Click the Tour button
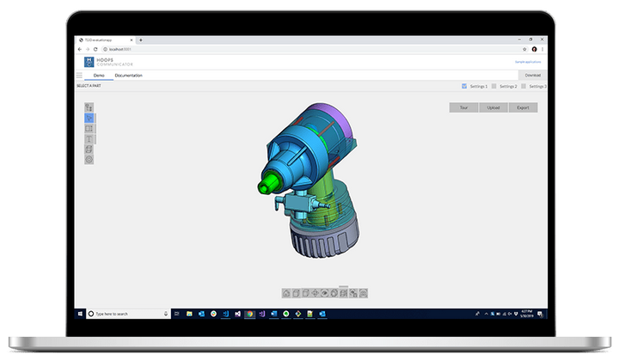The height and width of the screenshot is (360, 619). point(463,107)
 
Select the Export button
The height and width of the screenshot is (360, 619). point(522,107)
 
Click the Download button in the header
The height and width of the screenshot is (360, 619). point(533,76)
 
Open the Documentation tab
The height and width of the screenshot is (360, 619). point(128,76)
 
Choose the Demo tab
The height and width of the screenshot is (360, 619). point(99,76)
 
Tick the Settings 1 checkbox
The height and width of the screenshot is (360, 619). point(464,87)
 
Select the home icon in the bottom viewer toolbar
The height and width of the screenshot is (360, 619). point(286,293)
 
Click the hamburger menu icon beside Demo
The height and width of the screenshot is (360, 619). point(80,76)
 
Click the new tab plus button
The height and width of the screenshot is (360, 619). point(141,40)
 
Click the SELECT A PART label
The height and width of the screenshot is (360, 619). point(90,87)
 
